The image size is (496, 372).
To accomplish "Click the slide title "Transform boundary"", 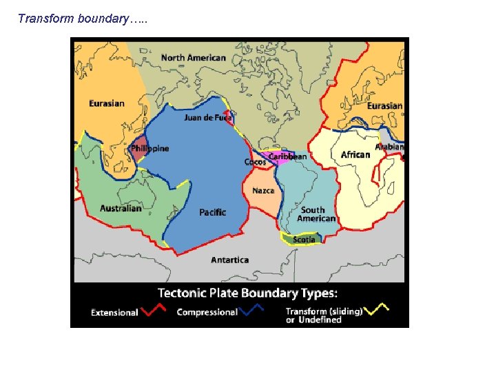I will click(83, 19).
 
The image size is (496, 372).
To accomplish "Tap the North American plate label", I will click(193, 58).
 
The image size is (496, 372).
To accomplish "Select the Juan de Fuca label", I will click(207, 118).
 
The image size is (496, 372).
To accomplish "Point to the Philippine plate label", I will click(149, 149).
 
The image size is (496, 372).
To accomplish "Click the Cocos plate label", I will click(255, 163).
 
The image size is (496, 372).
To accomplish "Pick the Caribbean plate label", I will click(288, 157).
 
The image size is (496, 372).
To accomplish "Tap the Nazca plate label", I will click(263, 191).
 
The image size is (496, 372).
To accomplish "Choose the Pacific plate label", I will click(212, 212).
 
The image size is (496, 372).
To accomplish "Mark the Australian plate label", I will click(121, 208).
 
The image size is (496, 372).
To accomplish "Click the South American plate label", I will click(316, 214).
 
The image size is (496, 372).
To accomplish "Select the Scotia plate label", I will click(304, 240).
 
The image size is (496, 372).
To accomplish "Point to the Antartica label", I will click(229, 260).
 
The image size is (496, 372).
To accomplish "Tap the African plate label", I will click(355, 154).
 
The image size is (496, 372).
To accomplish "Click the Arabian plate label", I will click(390, 147).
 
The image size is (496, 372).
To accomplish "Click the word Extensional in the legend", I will click(114, 313).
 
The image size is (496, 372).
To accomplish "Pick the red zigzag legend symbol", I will click(153, 311).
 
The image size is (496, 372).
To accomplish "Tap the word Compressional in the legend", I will click(207, 312).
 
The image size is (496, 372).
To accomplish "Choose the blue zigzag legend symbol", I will click(251, 311).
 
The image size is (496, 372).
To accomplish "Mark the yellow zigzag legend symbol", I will click(376, 309).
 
